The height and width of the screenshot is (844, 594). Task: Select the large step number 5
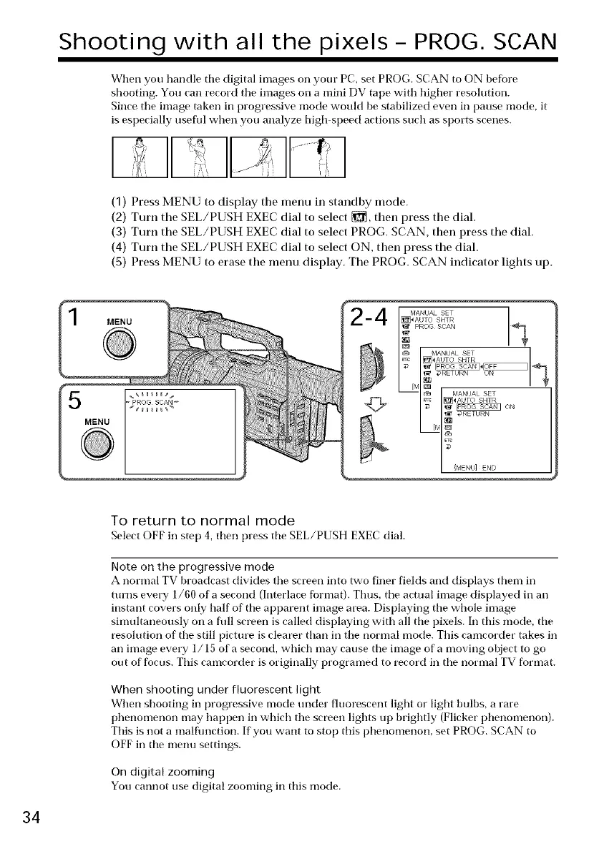click(x=73, y=411)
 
